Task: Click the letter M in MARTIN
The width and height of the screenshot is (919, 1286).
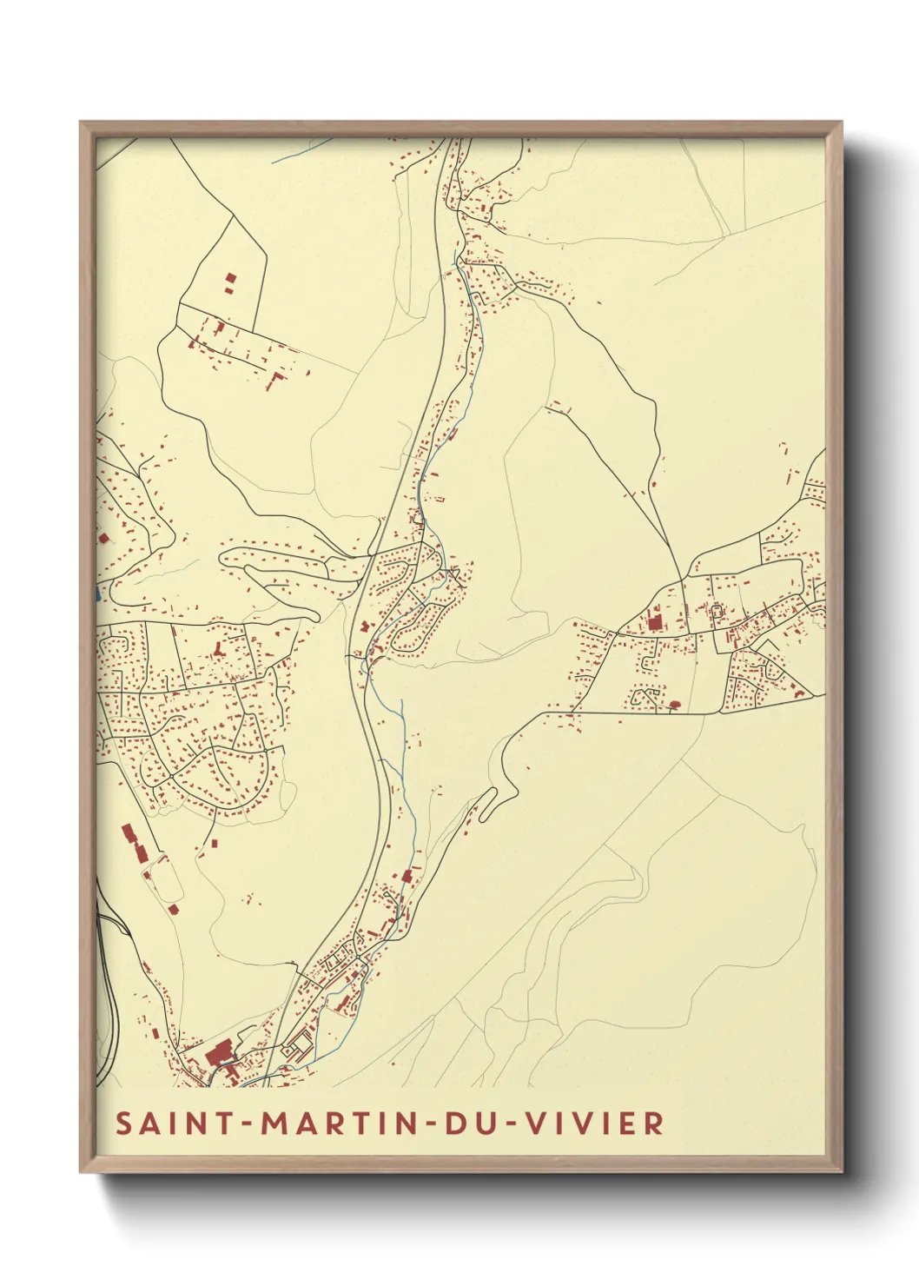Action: tap(278, 1123)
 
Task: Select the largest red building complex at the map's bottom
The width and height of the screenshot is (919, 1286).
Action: tap(217, 1057)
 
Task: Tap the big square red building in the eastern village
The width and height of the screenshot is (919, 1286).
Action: tap(654, 622)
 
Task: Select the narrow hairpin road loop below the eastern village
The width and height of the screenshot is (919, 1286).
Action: tap(486, 800)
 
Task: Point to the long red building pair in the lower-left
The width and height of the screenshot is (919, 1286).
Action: tap(135, 843)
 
